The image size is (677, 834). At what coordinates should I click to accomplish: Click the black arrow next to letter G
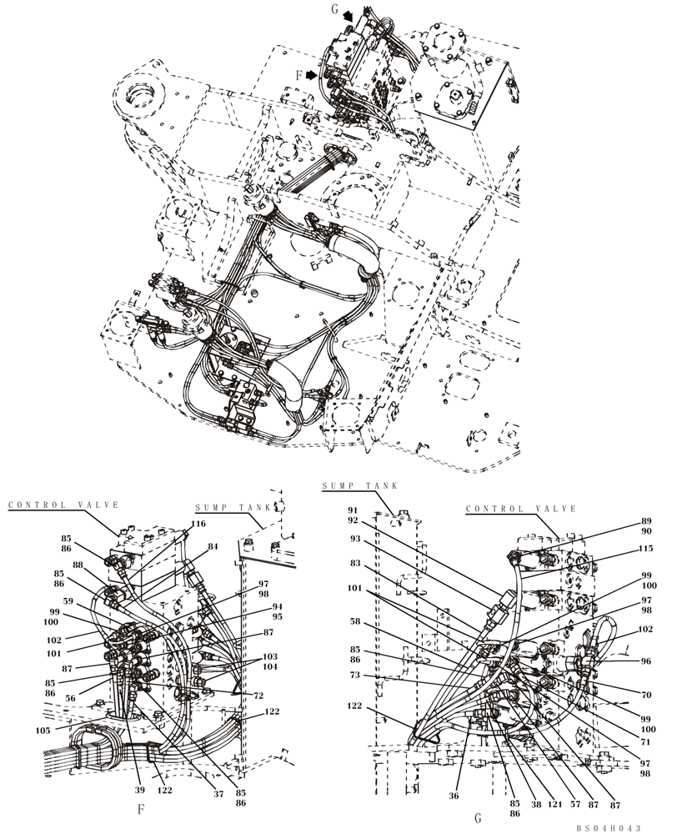coord(348,16)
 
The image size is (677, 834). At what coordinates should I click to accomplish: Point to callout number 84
coord(214,547)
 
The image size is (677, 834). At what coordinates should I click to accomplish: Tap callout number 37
coord(218,795)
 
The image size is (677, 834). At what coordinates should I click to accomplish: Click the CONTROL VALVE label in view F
coord(64,505)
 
